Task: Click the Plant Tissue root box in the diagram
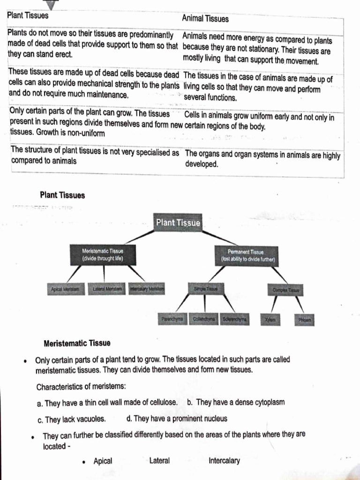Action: coord(178,223)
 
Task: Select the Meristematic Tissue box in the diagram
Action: coord(103,255)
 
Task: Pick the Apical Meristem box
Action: coord(65,289)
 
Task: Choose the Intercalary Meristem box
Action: coord(147,289)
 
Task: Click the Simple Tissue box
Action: coord(205,290)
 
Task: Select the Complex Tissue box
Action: coord(285,290)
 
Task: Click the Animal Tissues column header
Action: coord(205,19)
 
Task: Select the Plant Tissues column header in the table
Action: coord(28,15)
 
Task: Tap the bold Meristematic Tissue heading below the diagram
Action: coord(77,343)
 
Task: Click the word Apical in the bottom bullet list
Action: coord(103,461)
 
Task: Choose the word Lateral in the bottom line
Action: coord(159,461)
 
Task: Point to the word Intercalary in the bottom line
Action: coord(224,461)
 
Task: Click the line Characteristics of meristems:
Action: coord(81,387)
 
